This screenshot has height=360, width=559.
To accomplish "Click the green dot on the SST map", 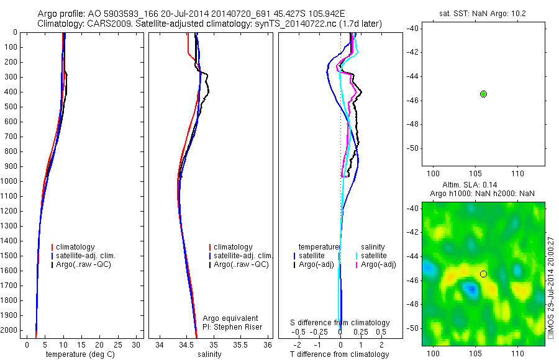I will [483, 94].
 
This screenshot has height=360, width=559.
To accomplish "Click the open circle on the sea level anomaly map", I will [483, 274].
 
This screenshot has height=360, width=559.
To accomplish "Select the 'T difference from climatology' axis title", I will [339, 354].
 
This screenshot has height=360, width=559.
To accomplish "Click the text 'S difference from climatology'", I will [340, 323].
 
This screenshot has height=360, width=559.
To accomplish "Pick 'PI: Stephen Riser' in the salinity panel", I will [232, 327].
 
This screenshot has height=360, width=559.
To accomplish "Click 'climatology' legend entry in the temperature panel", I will [78, 247].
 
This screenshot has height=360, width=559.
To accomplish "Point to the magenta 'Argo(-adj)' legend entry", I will [378, 265].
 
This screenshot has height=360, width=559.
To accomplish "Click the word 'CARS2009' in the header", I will [100, 24].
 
